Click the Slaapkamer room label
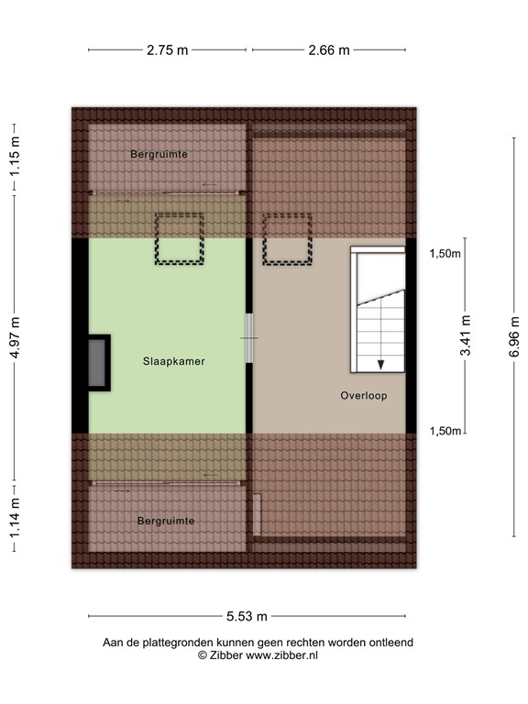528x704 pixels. (x=173, y=361)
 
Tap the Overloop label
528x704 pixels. (x=363, y=396)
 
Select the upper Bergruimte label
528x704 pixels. (x=159, y=154)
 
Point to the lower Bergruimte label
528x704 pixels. (x=166, y=521)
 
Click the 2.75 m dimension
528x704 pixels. (x=167, y=50)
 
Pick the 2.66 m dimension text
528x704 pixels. (x=329, y=50)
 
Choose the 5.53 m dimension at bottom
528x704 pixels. (x=247, y=617)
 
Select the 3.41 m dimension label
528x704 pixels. (x=466, y=337)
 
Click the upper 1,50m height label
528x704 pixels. (x=445, y=254)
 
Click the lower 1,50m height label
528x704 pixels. (x=445, y=431)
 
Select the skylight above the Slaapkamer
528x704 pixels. (x=179, y=239)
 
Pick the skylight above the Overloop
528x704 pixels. (x=287, y=239)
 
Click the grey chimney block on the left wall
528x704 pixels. (x=97, y=364)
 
